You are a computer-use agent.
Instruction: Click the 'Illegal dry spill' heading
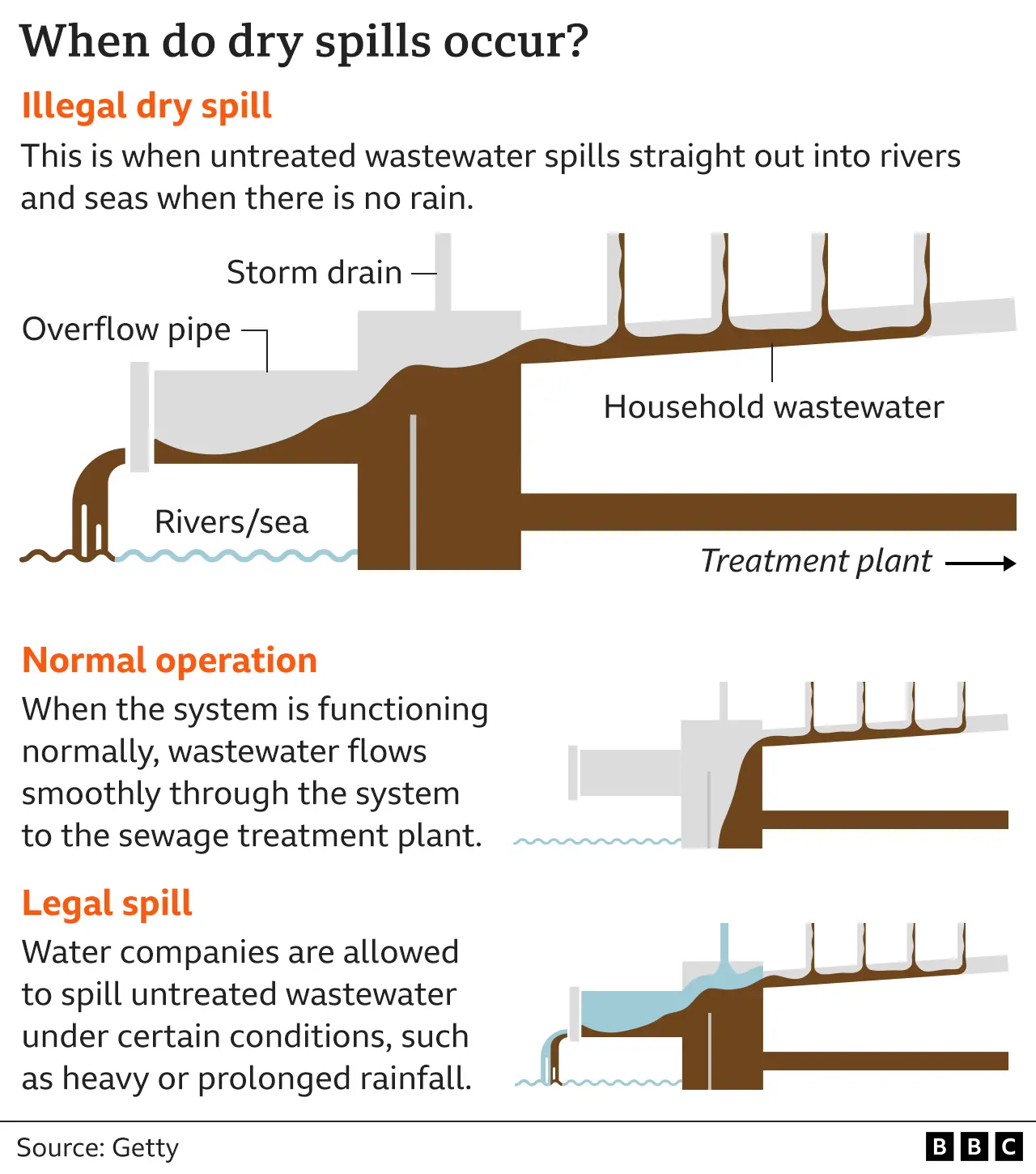click(146, 107)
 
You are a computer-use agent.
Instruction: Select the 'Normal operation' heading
click(169, 661)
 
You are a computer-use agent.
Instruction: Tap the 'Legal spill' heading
click(107, 904)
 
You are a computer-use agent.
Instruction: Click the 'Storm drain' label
click(314, 273)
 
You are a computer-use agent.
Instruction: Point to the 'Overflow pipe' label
click(126, 330)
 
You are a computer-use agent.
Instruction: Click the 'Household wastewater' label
click(773, 407)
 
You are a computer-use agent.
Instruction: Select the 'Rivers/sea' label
click(231, 522)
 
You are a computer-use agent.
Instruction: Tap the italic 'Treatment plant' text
click(816, 561)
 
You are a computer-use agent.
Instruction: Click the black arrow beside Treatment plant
click(980, 564)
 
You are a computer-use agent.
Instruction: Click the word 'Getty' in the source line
click(145, 1148)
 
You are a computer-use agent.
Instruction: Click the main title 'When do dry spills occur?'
click(304, 41)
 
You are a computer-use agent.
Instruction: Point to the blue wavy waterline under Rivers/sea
click(235, 556)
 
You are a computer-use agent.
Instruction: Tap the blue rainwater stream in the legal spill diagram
click(724, 947)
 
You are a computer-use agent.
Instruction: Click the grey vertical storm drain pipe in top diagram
click(443, 271)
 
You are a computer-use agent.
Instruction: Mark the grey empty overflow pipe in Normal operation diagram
click(627, 772)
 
